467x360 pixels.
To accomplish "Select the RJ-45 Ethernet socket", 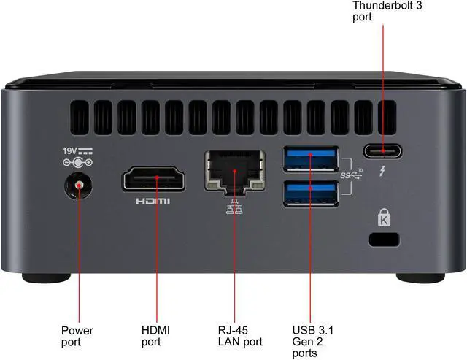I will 234,172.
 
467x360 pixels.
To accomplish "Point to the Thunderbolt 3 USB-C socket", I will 382,152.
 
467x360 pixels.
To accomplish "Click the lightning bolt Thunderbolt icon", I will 382,174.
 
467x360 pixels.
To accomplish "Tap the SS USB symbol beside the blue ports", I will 352,175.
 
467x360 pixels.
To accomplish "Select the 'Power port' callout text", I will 76,335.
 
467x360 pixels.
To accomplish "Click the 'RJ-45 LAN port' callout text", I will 239,335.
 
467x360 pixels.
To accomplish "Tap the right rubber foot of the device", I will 420,278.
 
